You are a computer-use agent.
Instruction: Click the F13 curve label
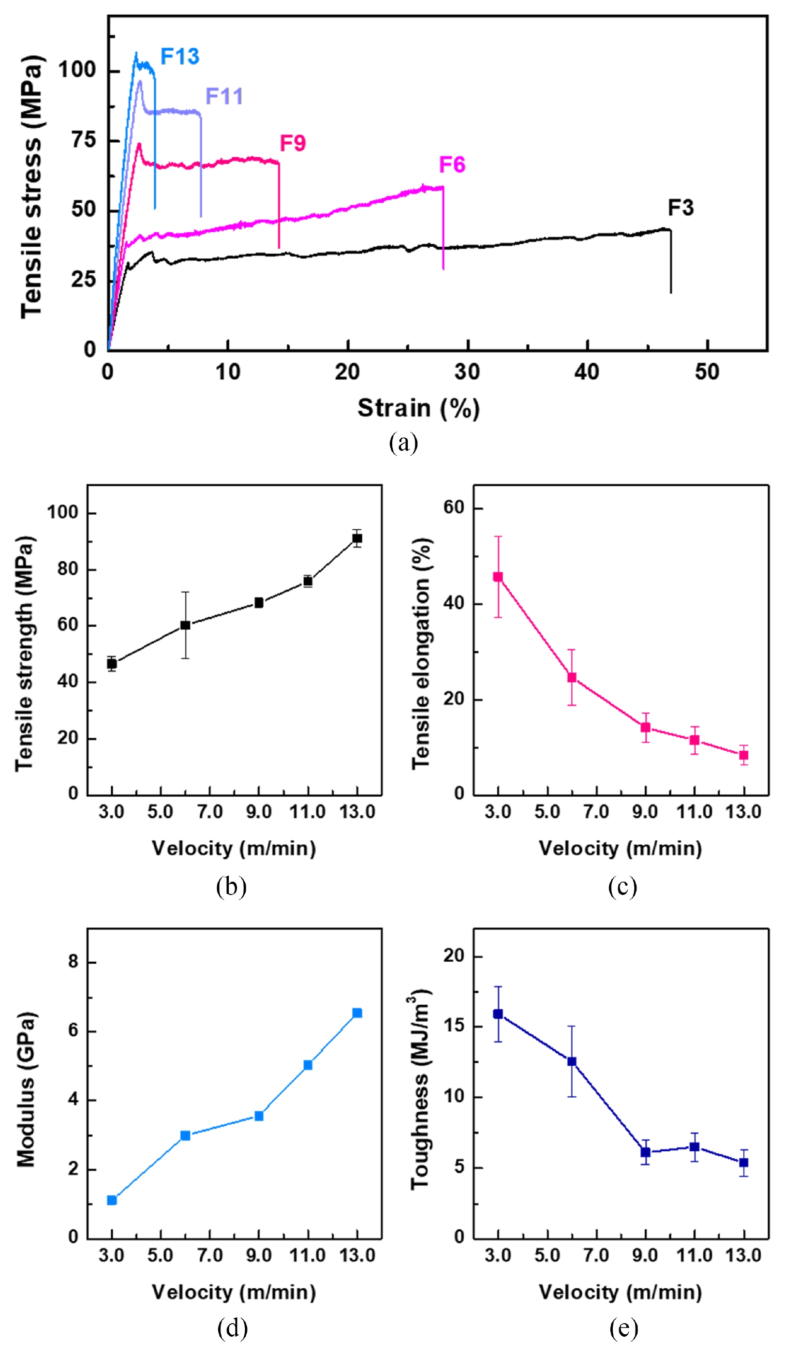tap(180, 57)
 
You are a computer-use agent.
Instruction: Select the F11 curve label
tap(224, 96)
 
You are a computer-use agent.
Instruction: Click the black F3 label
tap(681, 208)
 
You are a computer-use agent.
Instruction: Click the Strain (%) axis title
tap(418, 409)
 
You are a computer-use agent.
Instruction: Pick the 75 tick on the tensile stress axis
tap(84, 140)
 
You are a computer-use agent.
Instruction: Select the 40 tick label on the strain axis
tap(586, 372)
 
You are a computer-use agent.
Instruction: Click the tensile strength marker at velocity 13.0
tap(357, 538)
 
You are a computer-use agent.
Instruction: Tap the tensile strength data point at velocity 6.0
tap(185, 625)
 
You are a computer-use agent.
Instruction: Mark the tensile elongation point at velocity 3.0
tap(498, 577)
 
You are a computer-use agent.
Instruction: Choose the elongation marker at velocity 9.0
tap(646, 728)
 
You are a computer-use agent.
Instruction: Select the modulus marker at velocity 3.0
tap(112, 1200)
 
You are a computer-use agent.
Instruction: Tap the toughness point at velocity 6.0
tap(572, 1061)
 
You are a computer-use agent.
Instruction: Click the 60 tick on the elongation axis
tap(454, 508)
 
